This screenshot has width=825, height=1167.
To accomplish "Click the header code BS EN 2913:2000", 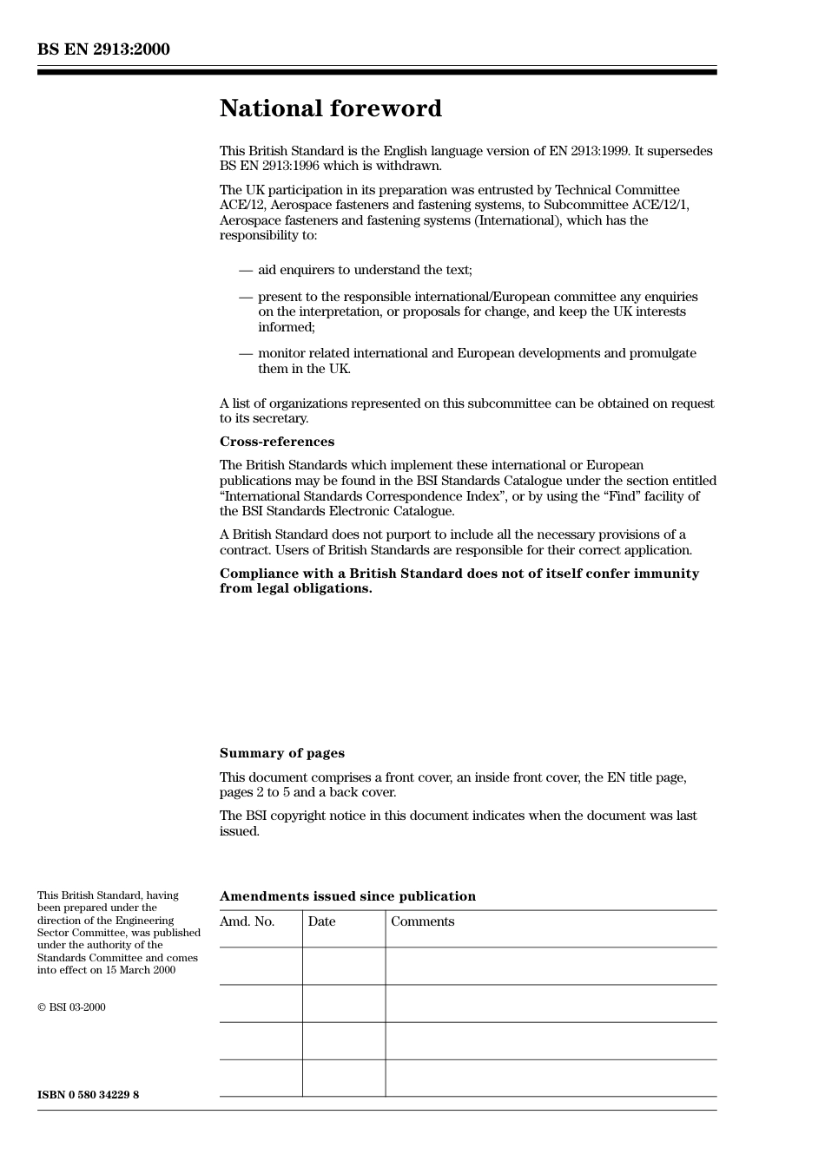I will point(103,49).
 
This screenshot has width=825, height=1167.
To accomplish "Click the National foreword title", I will point(330,108).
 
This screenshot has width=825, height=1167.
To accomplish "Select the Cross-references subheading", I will point(276,442).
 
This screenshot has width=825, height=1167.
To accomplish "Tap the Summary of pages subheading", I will point(281,753).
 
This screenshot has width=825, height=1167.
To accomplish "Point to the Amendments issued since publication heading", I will point(347,896).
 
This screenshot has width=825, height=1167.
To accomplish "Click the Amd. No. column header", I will point(247,921).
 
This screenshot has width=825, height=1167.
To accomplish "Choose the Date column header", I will point(321,921).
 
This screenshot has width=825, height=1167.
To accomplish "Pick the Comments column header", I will point(422,921).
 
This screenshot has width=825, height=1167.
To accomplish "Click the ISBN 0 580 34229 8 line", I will point(88,1095).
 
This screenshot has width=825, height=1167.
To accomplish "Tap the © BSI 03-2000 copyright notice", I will point(71,1007).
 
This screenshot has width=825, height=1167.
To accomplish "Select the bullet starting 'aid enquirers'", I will point(365,270).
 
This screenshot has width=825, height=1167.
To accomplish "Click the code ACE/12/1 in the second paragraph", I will point(662,206).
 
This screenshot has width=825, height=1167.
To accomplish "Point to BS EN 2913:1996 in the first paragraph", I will point(268,167).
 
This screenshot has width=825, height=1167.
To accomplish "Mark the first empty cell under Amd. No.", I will point(261,966).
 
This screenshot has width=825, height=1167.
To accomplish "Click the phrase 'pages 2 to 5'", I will point(254,792).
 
